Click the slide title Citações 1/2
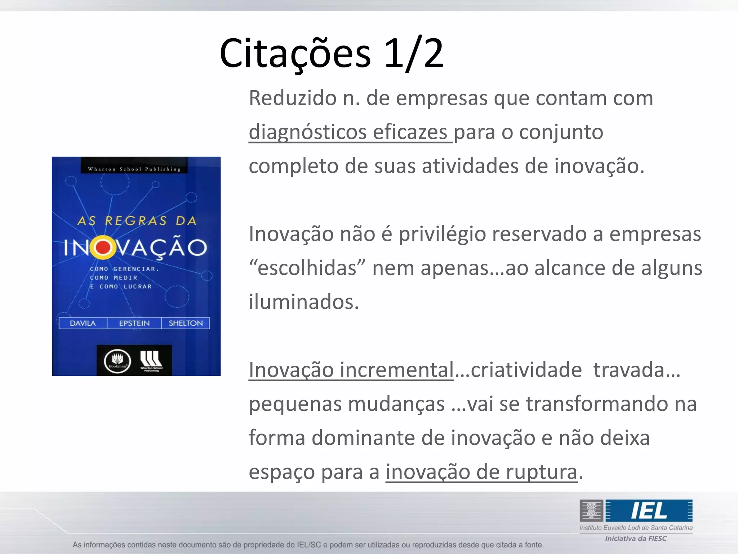[331, 54]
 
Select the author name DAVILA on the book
[83, 323]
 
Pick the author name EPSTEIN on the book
[134, 323]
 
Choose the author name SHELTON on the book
[186, 323]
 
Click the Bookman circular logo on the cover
[117, 361]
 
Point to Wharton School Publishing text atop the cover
[134, 169]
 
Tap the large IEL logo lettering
[649, 511]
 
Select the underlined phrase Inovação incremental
[351, 370]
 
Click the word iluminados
[304, 302]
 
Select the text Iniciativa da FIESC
[636, 538]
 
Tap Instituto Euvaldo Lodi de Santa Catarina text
[636, 528]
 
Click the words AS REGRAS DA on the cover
[137, 221]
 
